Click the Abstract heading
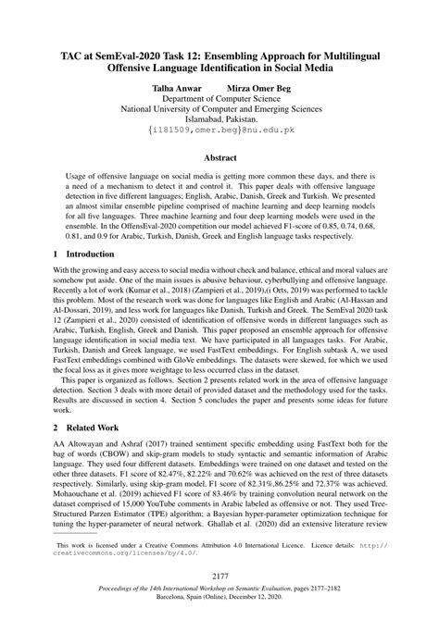(219, 158)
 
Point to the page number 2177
(219, 575)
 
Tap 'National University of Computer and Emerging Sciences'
(219, 110)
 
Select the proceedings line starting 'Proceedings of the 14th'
(219, 589)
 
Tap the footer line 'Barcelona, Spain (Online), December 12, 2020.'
(219, 600)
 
